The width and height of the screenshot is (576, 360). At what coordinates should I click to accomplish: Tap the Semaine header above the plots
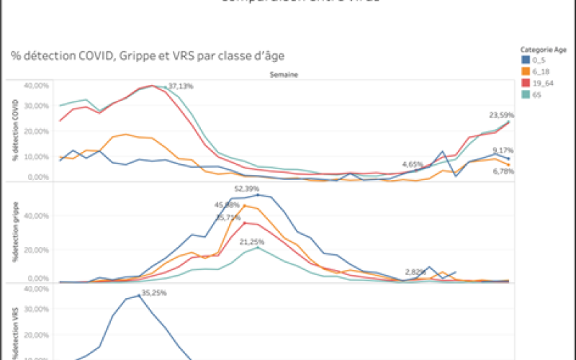click(284, 74)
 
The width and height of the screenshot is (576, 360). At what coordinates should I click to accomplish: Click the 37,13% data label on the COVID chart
click(181, 86)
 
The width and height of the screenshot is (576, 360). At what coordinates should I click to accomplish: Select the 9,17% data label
click(503, 150)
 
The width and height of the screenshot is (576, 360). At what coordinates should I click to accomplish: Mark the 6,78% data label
click(503, 171)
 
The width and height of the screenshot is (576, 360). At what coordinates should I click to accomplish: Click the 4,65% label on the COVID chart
click(413, 164)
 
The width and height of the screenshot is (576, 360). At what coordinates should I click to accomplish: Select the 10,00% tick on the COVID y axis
click(36, 156)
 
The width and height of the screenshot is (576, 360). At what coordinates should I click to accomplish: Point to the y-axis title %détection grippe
click(15, 236)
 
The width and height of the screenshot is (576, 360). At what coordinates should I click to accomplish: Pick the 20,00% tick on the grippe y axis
click(36, 250)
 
